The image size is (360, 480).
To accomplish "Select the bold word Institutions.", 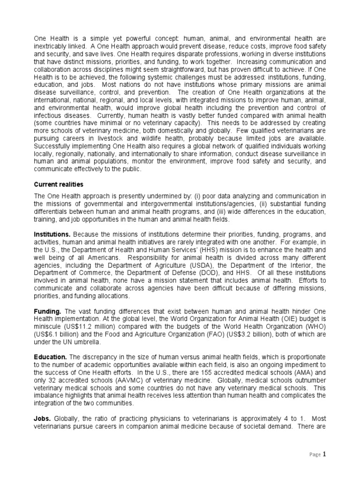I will tap(52, 233).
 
